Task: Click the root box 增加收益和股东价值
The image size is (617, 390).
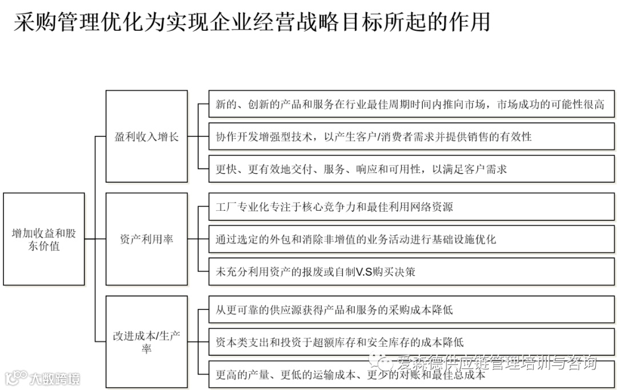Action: [44, 239]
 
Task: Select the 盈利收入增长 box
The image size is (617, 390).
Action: [147, 136]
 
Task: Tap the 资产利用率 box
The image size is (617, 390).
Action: [147, 239]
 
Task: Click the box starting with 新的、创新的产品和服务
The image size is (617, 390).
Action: [411, 104]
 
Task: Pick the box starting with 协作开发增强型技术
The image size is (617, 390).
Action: [411, 136]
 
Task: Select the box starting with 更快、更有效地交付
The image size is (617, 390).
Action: [411, 169]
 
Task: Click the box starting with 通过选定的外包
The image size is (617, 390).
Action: [411, 239]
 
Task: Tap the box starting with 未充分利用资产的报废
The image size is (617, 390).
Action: [411, 272]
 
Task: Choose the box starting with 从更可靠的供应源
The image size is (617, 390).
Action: [411, 309]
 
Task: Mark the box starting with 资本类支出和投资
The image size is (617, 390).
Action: [411, 342]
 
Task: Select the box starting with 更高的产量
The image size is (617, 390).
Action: [411, 375]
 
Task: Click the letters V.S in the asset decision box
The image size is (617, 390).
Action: [364, 272]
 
